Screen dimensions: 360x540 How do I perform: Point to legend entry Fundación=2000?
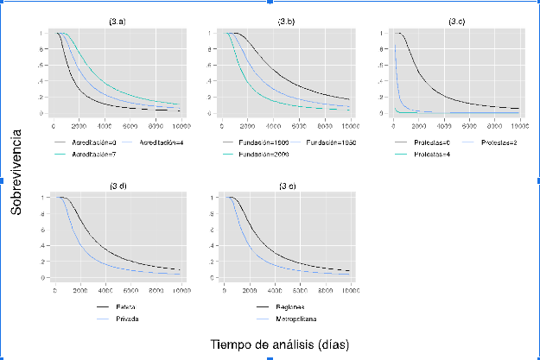(264, 154)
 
